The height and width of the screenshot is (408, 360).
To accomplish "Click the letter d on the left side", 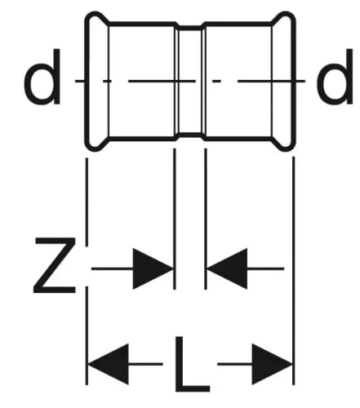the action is pyautogui.click(x=42, y=77).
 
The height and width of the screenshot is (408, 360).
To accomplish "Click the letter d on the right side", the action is pyautogui.click(x=335, y=77).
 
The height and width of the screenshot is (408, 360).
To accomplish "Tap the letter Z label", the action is pyautogui.click(x=55, y=265).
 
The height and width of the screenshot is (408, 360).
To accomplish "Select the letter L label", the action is pyautogui.click(x=192, y=364).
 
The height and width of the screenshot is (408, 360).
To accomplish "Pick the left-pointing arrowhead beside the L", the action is pyautogui.click(x=108, y=364).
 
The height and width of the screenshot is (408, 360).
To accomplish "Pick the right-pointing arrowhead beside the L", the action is pyautogui.click(x=272, y=364).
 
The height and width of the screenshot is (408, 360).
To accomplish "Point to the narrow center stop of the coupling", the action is pyautogui.click(x=190, y=81).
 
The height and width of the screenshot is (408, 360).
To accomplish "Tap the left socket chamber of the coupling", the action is pyautogui.click(x=141, y=81).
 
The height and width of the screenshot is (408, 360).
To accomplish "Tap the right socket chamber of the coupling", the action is pyautogui.click(x=238, y=81).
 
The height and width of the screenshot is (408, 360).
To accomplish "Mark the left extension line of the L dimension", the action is pyautogui.click(x=87, y=271).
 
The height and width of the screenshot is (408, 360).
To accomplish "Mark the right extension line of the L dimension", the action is pyautogui.click(x=293, y=271).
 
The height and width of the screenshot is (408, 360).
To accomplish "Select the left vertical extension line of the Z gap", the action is pyautogui.click(x=175, y=219).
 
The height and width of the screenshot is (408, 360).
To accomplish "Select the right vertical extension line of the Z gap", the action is pyautogui.click(x=206, y=219).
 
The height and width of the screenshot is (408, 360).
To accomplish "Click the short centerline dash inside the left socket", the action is pyautogui.click(x=107, y=81).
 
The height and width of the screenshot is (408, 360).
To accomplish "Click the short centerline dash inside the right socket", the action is pyautogui.click(x=216, y=81).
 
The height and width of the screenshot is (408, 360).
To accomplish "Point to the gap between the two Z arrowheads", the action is pyautogui.click(x=190, y=268).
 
